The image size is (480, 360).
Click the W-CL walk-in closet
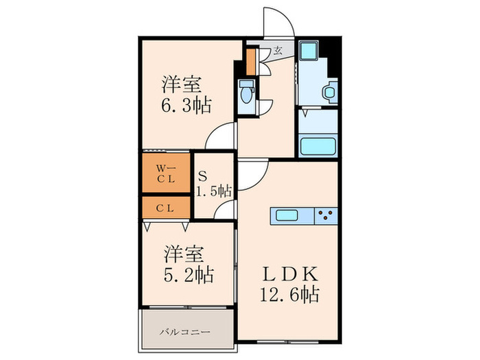pyautogui.click(x=165, y=173)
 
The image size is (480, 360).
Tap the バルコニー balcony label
pyautogui.click(x=185, y=332)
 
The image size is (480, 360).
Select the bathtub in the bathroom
pyautogui.click(x=317, y=146)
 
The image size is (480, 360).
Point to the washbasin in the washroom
pyautogui.click(x=331, y=91)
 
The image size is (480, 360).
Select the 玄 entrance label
pyautogui.click(x=278, y=49)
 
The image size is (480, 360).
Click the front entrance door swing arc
pyautogui.click(x=280, y=24)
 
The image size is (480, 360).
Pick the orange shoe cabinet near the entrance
pyautogui.click(x=252, y=61)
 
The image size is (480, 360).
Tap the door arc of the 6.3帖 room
pyautogui.click(x=221, y=138)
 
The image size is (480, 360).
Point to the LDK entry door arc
pyautogui.click(x=251, y=171)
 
